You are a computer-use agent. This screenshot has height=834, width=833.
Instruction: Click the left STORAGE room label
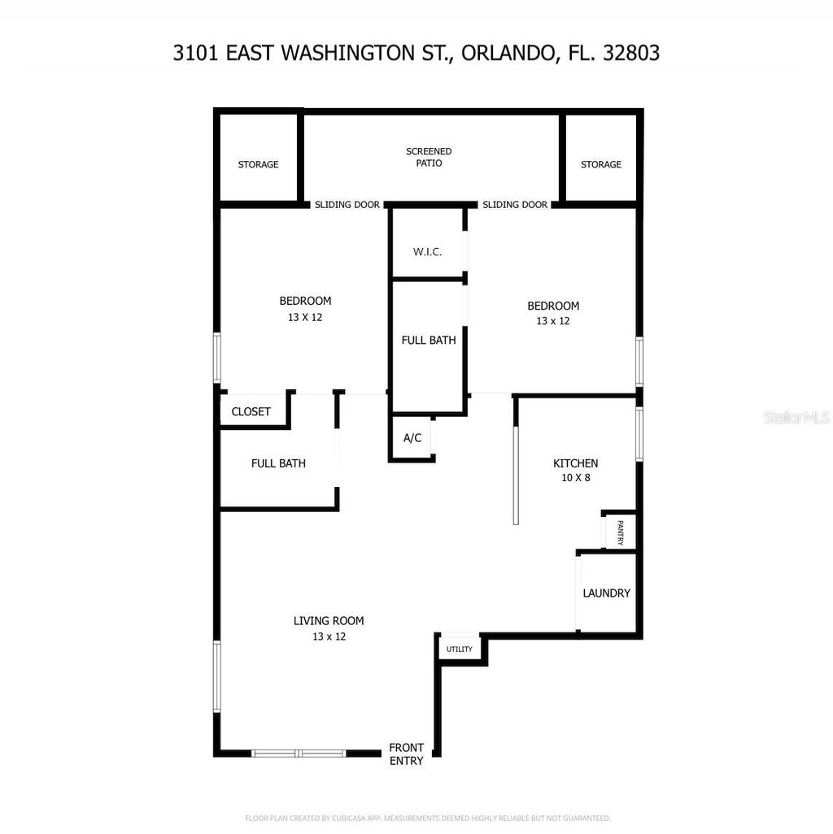258,164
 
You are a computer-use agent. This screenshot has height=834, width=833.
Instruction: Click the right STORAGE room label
600,164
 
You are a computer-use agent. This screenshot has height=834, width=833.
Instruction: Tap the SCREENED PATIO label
429,157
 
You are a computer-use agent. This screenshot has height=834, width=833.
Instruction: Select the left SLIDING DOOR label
347,205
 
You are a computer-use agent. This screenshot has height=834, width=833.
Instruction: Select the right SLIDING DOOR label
514,205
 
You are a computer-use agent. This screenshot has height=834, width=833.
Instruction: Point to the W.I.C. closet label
427,252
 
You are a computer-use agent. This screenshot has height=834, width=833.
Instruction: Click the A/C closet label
412,438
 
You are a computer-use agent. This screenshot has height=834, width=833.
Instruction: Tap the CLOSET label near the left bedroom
251,412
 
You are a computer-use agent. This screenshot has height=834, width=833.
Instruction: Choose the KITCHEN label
575,463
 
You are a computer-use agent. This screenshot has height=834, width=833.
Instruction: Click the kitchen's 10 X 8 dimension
575,478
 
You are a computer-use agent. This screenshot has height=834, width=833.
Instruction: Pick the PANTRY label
620,532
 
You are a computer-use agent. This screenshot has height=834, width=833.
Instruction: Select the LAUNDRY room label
606,593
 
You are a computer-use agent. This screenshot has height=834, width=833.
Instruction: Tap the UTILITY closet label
460,649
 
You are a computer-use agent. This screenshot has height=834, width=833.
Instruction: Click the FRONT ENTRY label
406,754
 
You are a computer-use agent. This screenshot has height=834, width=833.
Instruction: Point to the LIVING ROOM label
329,621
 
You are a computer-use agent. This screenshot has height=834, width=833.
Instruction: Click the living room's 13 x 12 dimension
329,636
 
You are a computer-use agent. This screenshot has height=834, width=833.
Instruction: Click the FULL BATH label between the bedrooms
428,341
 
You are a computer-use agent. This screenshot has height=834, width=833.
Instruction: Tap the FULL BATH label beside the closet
278,463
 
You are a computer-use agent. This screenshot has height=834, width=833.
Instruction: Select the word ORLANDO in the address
508,54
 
